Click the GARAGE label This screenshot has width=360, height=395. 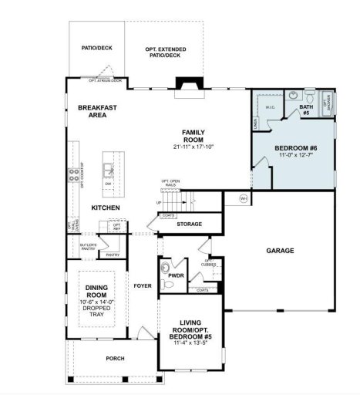[x=280, y=251]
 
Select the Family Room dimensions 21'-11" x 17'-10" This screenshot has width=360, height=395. [x=193, y=147]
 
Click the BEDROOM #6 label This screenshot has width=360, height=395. [x=296, y=147]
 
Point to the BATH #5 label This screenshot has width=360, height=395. [x=305, y=110]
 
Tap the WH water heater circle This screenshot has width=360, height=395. [x=244, y=197]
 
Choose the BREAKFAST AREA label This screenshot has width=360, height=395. [x=97, y=111]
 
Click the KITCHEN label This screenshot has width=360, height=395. [x=106, y=208]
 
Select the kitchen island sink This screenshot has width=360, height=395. [x=109, y=167]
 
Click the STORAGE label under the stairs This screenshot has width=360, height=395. [x=189, y=225]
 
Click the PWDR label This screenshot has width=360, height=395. [x=176, y=275]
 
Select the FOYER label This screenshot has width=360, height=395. [x=143, y=285]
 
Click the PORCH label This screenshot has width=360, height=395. [x=114, y=359]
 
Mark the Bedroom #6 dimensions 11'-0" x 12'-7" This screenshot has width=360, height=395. [x=296, y=157]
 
